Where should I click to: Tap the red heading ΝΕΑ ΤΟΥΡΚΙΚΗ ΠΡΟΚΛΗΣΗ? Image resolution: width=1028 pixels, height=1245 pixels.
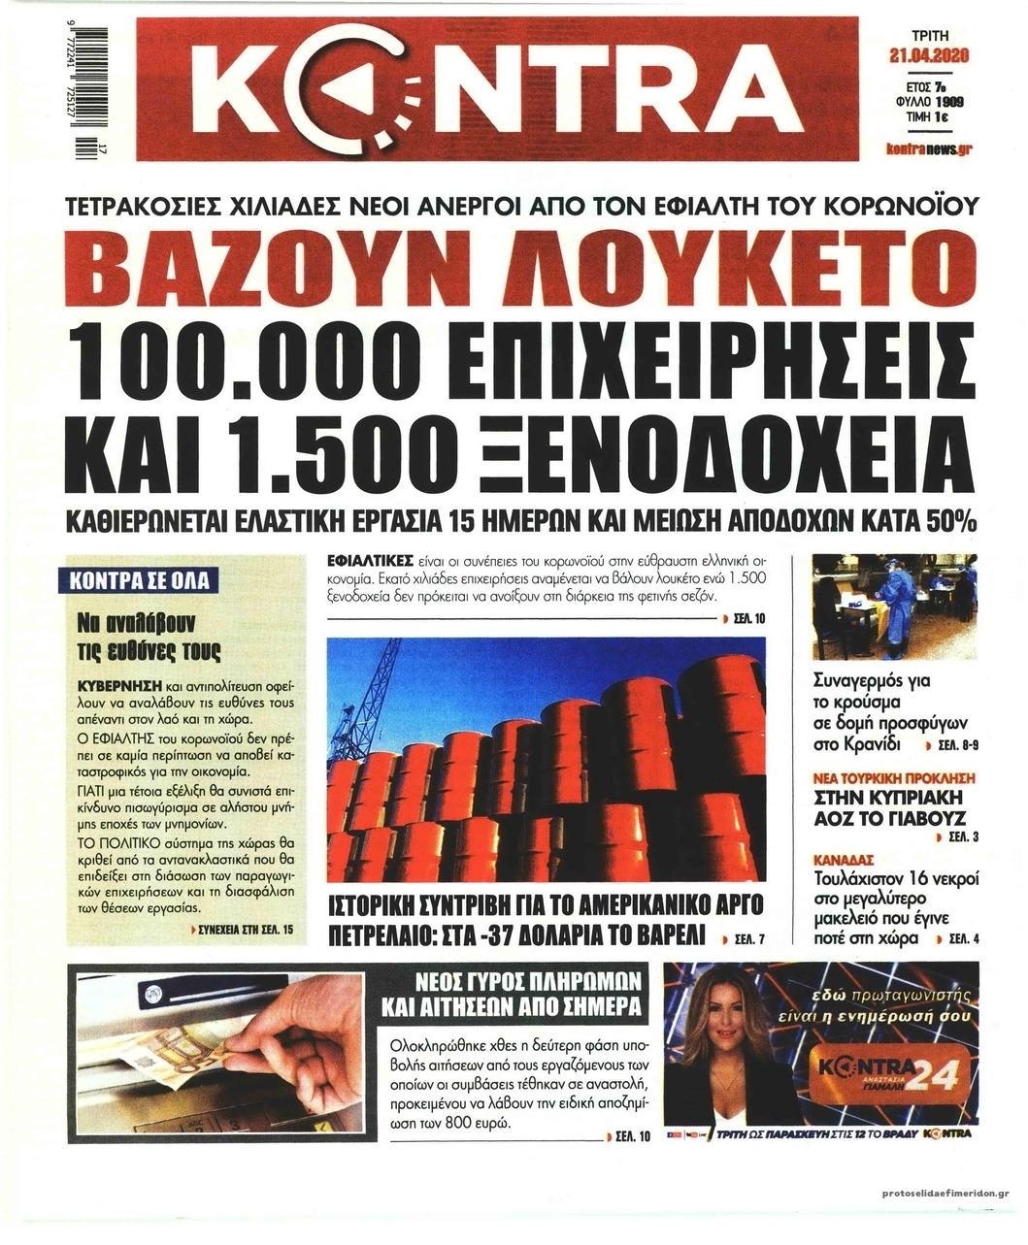click(x=894, y=778)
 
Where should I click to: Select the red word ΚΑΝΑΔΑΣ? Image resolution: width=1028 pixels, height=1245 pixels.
click(x=845, y=860)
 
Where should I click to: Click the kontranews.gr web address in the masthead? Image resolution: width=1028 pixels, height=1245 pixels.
click(x=930, y=148)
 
